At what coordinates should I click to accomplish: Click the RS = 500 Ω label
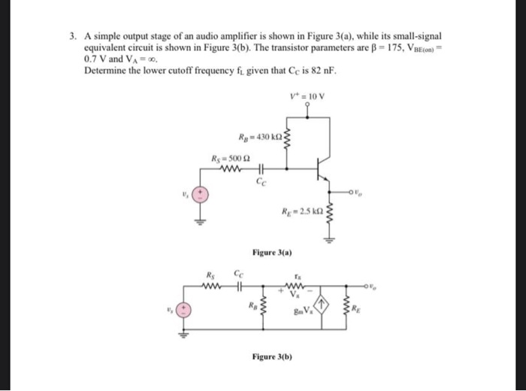point(228,158)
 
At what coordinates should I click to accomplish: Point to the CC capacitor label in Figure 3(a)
point(260,181)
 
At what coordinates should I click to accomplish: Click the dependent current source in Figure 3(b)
point(322,305)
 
